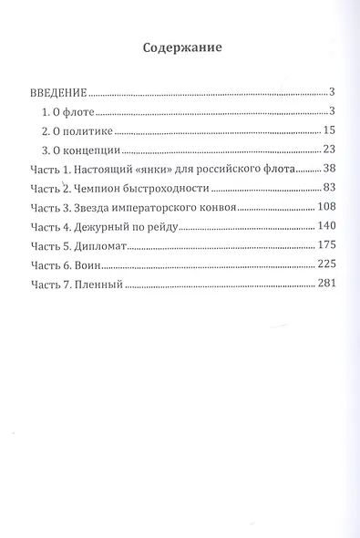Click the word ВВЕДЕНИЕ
coord(58,93)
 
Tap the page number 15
coord(331,131)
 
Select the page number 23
coord(331,150)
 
